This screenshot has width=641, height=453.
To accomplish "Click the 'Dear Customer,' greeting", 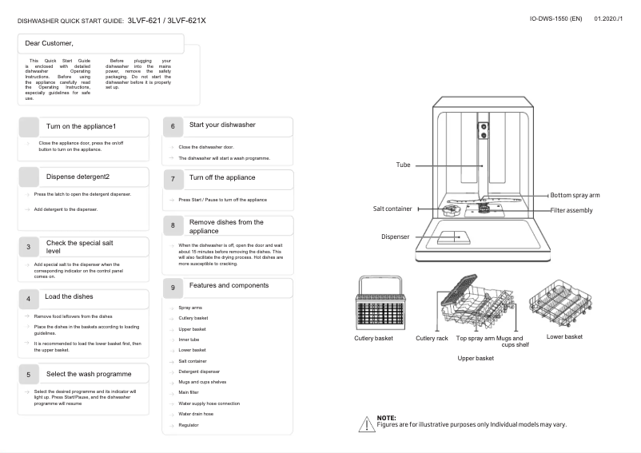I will pos(50,42).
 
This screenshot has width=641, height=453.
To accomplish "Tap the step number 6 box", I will pos(173,126).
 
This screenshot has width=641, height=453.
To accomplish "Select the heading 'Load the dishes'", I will pos(69,296).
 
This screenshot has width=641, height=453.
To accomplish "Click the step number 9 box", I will pos(173,287).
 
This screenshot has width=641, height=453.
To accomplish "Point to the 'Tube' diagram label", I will pos(403,165).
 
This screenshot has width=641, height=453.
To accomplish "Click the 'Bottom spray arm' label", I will pos(575,195).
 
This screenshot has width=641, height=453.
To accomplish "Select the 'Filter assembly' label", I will pos(571,210).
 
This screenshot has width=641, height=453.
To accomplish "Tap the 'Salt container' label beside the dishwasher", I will pos(392,209).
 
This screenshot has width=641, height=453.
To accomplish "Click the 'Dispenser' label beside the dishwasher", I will pos(394,236).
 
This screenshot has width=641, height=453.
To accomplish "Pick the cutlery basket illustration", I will pos(374,304).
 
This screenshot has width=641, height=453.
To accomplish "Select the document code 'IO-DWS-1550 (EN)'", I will pos(555,18).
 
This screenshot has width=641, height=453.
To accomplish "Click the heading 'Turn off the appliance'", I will pos(222,177).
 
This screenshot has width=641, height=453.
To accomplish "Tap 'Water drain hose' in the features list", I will pos(196,414).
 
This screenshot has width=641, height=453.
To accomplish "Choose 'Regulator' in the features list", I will pos(189,425).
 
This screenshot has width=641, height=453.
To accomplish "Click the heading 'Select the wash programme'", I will pos(89,374).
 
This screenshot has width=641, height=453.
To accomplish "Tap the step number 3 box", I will pos(28,248).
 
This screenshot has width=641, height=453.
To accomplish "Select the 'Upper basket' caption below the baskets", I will pos(476,358).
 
